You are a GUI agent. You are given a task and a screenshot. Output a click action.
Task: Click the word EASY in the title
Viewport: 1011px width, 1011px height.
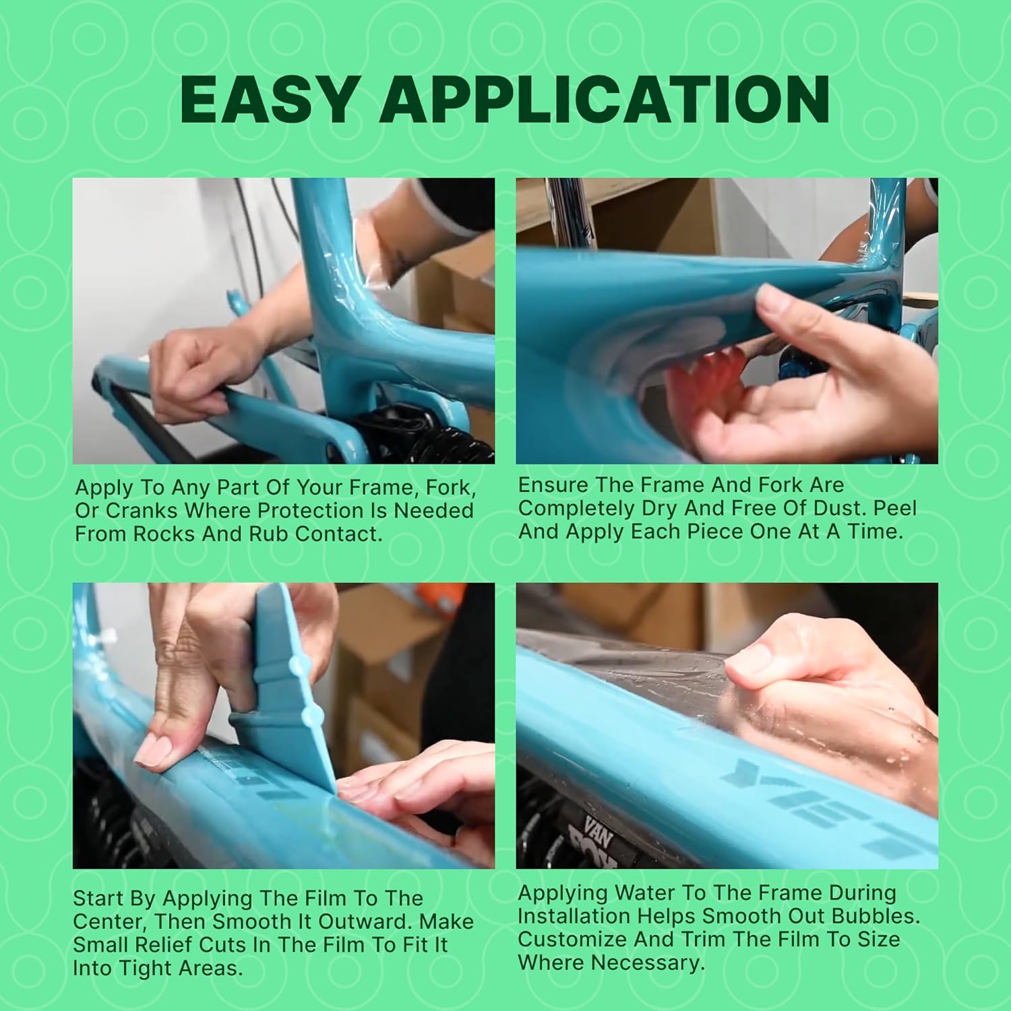268,100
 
